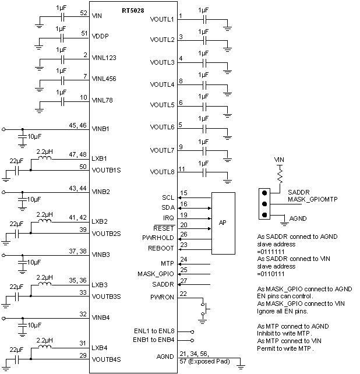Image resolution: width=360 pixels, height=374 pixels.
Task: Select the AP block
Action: (223, 223)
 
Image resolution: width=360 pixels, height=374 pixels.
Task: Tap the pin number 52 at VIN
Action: (83, 13)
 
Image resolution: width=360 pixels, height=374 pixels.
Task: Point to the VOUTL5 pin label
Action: (162, 105)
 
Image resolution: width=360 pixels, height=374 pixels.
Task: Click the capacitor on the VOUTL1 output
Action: (204, 20)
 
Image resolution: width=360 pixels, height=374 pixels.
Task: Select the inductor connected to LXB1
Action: (44, 158)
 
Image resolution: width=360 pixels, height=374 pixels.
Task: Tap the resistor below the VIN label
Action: (279, 174)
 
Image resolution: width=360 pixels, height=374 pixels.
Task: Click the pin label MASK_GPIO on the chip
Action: (156, 273)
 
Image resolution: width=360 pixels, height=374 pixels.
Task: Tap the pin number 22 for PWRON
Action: (184, 293)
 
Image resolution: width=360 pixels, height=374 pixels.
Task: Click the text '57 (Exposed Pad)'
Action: (205, 361)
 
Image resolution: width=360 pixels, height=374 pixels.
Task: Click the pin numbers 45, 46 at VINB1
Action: (77, 125)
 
